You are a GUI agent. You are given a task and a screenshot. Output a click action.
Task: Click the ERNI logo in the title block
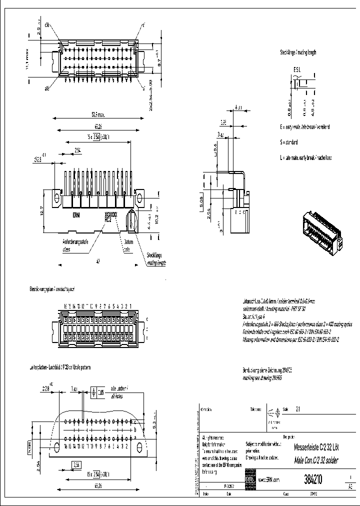(250, 479)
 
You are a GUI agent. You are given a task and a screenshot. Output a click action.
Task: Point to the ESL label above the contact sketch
(296, 71)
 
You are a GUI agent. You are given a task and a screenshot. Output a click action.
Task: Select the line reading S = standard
(292, 142)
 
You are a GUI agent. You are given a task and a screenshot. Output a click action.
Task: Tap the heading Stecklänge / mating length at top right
(298, 52)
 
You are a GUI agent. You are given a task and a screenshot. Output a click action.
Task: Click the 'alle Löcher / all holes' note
(120, 391)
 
